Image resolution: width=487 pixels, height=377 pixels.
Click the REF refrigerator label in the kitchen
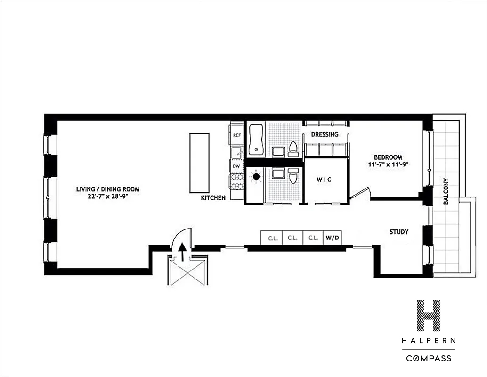tap(237, 135)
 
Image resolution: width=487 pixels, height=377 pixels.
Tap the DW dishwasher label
tap(236, 166)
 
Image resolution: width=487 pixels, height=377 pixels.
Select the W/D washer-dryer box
tap(333, 238)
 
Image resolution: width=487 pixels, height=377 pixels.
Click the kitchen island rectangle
tap(199, 163)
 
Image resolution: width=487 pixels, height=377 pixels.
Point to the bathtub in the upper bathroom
tap(256, 139)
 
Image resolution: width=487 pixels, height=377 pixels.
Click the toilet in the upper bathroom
tap(293, 149)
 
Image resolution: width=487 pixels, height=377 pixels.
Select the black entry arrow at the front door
tap(182, 251)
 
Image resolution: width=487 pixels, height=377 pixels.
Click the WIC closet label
tap(324, 180)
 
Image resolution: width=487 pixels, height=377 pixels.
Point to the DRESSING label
tap(325, 134)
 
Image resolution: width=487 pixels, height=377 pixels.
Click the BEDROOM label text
tap(388, 157)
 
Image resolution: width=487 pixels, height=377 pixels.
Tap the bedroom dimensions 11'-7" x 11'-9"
tap(388, 164)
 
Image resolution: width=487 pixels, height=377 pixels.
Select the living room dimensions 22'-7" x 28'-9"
tap(108, 196)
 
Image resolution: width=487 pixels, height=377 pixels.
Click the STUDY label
tap(399, 232)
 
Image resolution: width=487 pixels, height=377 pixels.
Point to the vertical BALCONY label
tap(446, 191)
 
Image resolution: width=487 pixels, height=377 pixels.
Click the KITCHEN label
tap(213, 197)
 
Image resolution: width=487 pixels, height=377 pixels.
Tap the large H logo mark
tap(429, 315)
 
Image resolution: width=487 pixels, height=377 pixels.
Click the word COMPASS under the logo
tap(429, 358)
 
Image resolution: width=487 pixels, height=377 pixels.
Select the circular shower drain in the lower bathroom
tap(256, 177)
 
